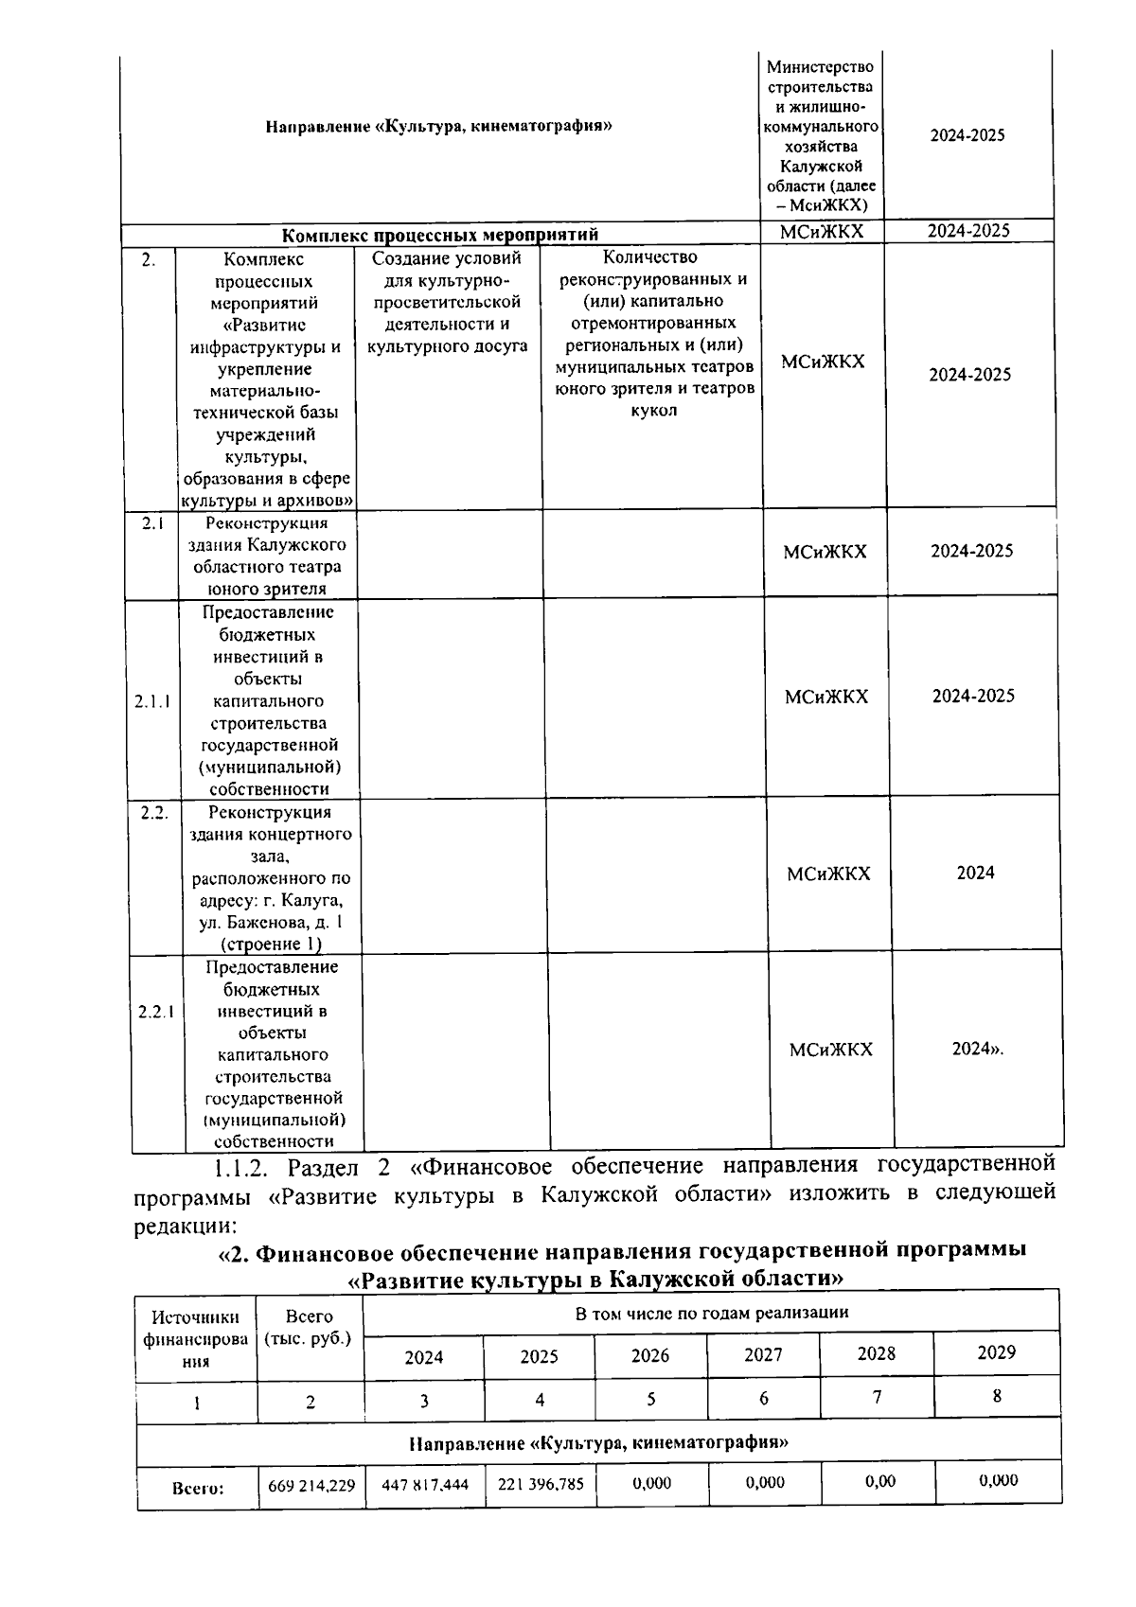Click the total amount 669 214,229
pos(311,1485)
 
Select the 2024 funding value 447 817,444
pos(425,1485)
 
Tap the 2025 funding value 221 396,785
pos(541,1484)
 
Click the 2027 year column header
pos(763,1354)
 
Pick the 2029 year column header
pos(996,1352)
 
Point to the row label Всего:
pos(198,1488)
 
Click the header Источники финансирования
pos(196,1339)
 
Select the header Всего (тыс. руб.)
pos(310,1327)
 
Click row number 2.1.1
pos(152,701)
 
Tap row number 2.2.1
pos(156,1012)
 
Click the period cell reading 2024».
pos(977,1049)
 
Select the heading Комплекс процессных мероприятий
pos(441,233)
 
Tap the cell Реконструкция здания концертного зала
pos(270,877)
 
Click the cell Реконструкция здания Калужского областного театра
pos(268,556)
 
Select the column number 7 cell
pos(878,1397)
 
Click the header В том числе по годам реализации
pos(711,1313)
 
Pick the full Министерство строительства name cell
pos(821,135)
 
